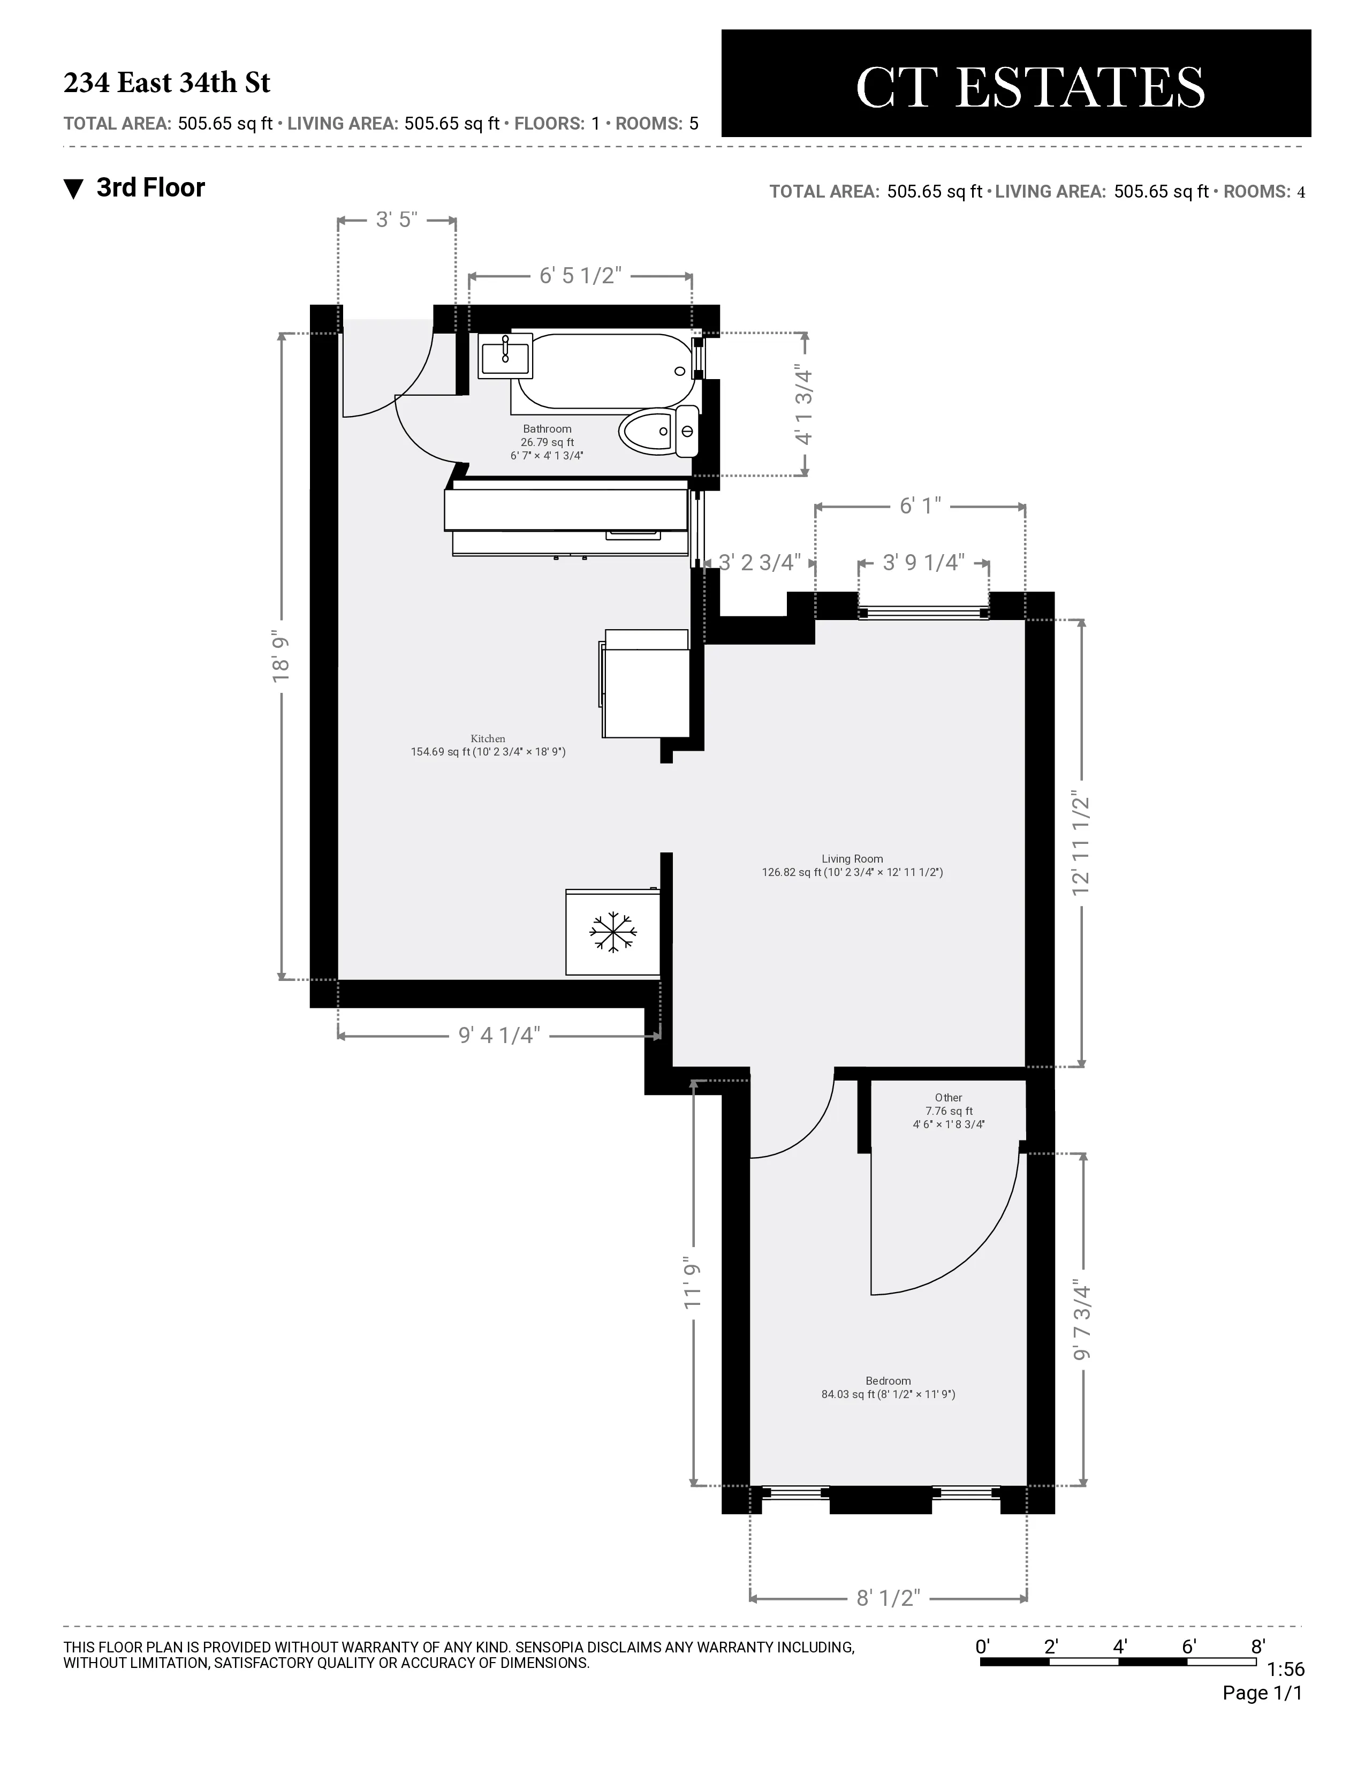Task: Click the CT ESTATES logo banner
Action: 1015,84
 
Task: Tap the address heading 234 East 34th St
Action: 166,82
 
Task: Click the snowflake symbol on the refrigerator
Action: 613,932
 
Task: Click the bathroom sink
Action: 505,356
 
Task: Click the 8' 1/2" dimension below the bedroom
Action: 888,1598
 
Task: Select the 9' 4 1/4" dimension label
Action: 499,1036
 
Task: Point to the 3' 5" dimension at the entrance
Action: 396,219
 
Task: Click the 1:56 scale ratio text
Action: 1285,1669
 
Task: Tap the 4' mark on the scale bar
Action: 1120,1645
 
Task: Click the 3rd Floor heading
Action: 150,188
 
